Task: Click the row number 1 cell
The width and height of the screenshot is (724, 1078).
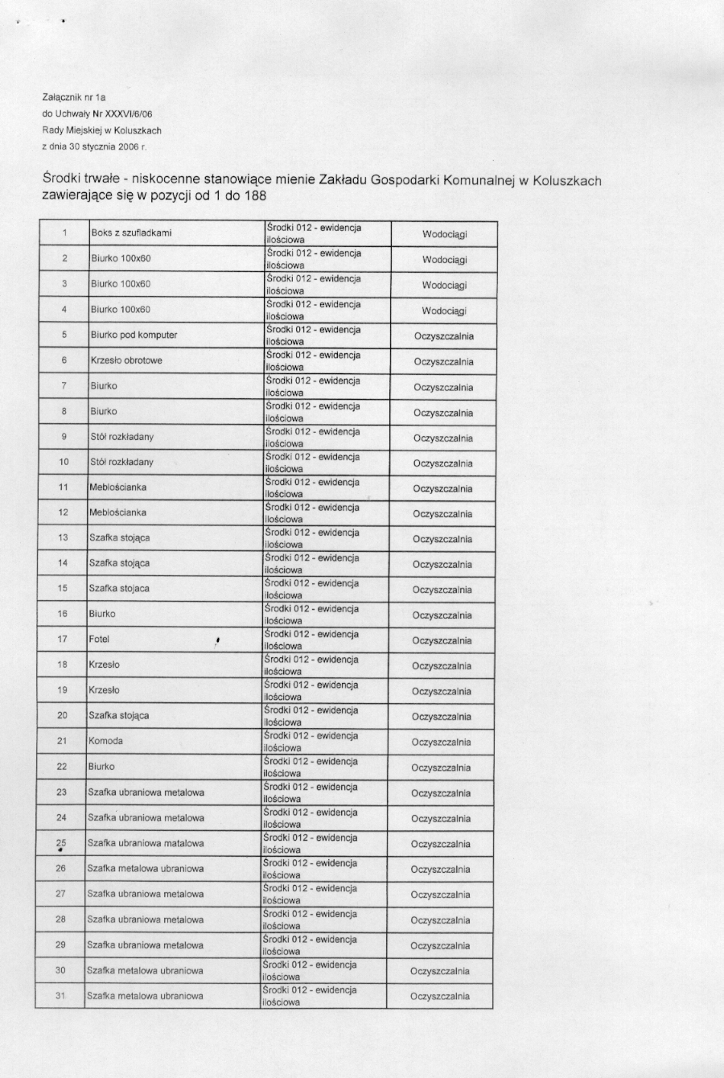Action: click(64, 233)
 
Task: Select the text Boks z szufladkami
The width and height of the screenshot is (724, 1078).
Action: click(131, 233)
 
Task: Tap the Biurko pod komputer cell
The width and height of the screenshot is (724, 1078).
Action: click(134, 335)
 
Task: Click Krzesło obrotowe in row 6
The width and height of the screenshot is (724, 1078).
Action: click(126, 360)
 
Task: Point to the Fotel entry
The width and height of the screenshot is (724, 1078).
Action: click(99, 640)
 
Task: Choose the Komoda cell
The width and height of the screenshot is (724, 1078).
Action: click(105, 741)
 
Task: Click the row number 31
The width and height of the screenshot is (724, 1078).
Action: click(60, 996)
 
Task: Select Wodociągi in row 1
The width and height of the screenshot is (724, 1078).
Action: click(444, 235)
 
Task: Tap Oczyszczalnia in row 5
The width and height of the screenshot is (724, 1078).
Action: click(443, 336)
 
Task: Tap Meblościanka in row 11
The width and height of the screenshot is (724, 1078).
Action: click(117, 488)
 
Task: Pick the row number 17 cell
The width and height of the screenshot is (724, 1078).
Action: click(62, 640)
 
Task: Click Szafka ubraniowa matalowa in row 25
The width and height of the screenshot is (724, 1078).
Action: click(146, 843)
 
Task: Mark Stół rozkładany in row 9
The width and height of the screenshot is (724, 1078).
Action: click(121, 437)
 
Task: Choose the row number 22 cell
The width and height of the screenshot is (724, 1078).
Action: click(62, 767)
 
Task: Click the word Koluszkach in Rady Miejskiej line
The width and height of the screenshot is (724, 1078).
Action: click(138, 130)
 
